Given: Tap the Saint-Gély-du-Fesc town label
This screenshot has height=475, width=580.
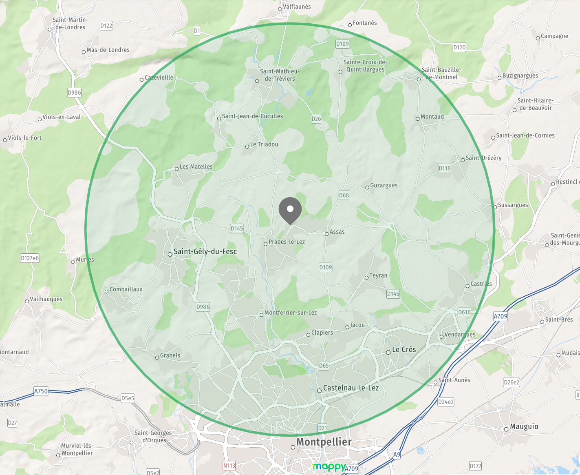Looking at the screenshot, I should point(205,251).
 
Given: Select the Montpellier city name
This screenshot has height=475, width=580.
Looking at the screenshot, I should point(324,442).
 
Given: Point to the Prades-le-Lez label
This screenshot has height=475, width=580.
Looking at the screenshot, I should point(287,242).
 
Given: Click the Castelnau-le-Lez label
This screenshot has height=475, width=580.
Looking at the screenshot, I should point(351,388).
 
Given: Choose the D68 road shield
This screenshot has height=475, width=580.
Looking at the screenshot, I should point(344,195).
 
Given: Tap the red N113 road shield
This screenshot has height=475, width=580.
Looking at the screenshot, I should point(229,466).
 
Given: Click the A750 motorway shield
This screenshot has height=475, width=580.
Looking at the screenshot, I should point(41,391).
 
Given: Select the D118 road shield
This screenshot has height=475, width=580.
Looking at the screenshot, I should point(445,168).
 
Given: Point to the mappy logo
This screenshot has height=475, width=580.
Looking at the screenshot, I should point(329,466).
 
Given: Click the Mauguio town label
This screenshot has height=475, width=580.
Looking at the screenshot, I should point(524,426).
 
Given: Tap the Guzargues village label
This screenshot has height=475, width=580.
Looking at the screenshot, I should point(384,185).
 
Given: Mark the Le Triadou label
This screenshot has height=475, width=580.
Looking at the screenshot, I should point(264,144).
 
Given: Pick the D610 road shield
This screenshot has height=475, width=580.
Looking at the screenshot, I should point(464,312).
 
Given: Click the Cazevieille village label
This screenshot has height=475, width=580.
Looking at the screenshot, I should point(159,78).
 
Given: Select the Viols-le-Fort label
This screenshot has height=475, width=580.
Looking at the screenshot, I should point(24,138).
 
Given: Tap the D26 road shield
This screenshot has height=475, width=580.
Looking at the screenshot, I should point(316,119).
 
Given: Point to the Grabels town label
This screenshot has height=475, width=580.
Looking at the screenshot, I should point(170,355).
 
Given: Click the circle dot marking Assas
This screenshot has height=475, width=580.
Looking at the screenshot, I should point(326,234).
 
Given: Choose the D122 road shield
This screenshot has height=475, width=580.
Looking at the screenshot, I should point(106,26).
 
